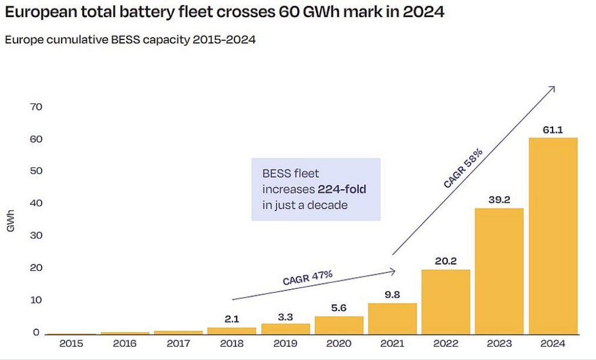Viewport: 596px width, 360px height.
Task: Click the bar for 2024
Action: tap(553, 236)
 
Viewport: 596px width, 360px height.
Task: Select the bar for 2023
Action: tap(499, 271)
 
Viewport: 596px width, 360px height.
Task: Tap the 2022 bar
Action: tap(446, 302)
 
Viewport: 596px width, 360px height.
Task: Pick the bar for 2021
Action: tap(392, 318)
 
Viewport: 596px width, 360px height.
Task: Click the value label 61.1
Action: tap(553, 130)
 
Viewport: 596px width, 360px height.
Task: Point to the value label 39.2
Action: tap(499, 201)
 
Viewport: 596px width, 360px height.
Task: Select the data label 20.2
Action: tap(446, 262)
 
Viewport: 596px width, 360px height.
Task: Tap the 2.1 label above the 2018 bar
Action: tap(231, 319)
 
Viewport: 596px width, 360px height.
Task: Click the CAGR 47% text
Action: tap(307, 278)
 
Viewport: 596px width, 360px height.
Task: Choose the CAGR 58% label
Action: tap(463, 168)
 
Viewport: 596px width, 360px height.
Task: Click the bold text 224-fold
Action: tap(342, 189)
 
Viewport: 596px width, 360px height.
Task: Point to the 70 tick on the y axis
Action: tap(36, 107)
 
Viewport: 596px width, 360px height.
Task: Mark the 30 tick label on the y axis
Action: tap(36, 235)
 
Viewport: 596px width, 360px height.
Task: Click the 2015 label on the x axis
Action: tap(71, 344)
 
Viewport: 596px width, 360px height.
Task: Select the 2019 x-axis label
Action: tap(285, 344)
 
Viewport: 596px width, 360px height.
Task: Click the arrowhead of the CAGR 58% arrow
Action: tap(553, 88)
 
